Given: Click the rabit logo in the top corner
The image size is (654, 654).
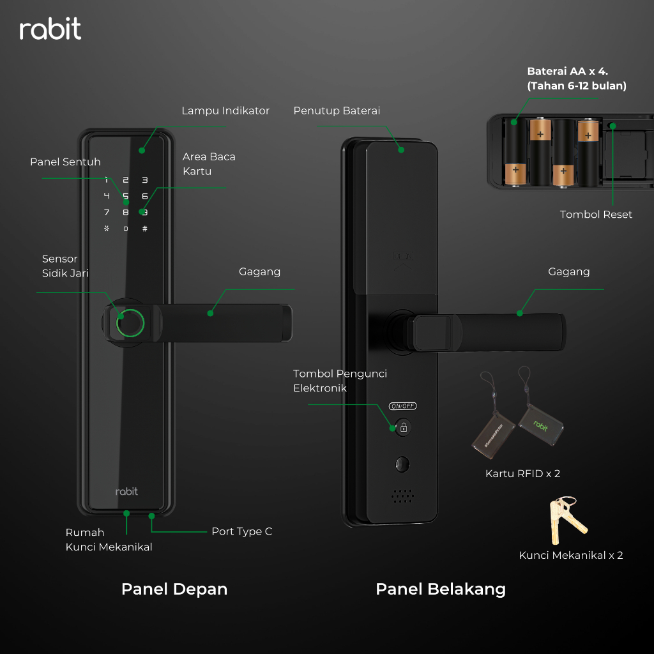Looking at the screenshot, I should point(50,29).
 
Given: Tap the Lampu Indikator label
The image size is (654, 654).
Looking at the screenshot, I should point(225,111).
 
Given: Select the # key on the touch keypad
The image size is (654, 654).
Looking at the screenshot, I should point(145,229).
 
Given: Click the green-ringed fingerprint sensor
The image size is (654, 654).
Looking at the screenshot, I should point(130,323).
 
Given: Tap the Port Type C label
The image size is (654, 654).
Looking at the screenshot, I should point(241,531).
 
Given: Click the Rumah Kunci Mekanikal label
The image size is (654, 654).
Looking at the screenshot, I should point(109,540).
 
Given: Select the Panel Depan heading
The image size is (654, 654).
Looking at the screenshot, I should point(174,589).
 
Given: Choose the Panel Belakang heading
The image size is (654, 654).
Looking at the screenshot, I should point(441,589).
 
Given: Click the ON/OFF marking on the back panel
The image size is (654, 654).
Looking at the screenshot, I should point(403,406).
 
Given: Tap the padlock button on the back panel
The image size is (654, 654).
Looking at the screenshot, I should point(403,427).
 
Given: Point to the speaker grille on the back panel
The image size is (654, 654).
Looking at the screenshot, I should point(402,495).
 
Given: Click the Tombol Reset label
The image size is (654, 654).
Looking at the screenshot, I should point(596,215).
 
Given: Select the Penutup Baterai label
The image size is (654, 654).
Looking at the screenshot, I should point(337,111).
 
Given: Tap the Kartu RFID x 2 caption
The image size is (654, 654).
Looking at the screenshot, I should point(522,474).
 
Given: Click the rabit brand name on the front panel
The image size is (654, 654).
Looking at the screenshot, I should point(126,491).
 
